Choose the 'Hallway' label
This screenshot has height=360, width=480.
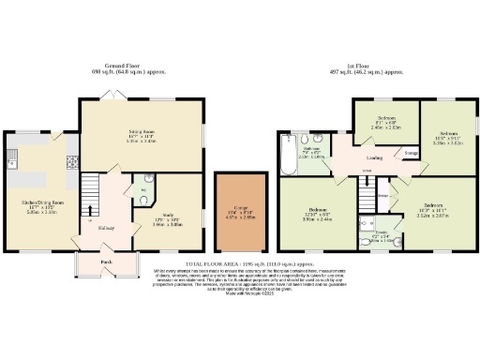click(105, 227)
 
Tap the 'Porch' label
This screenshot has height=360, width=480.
click(106, 262)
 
